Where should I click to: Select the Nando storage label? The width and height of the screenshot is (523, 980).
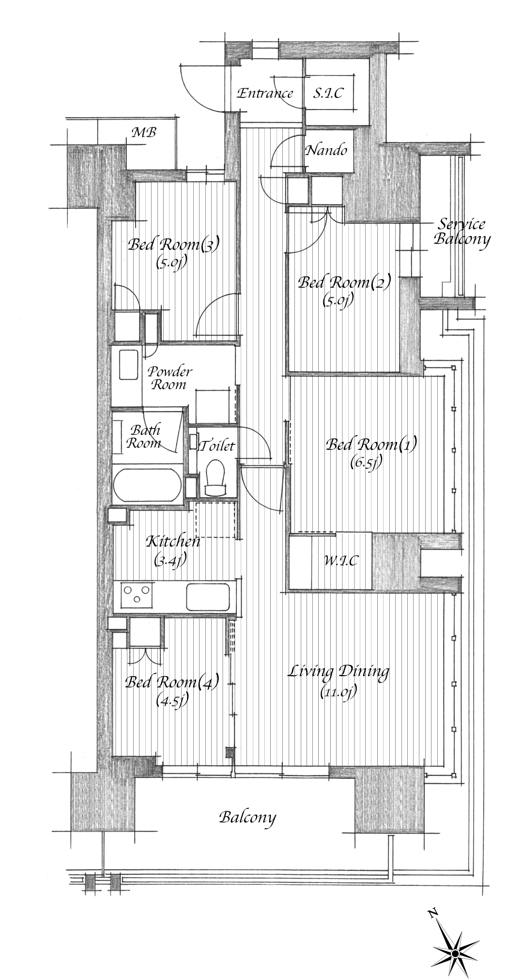[326, 150]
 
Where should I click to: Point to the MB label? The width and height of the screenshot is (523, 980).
[144, 132]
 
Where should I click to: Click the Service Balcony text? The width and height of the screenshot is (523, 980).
[461, 232]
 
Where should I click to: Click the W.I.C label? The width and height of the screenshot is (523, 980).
[341, 561]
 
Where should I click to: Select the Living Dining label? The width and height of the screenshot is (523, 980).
[338, 672]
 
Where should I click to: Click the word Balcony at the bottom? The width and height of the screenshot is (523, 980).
[247, 818]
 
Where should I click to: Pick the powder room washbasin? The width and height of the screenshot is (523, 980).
[129, 365]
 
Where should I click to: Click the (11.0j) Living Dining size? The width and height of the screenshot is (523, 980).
[338, 692]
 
